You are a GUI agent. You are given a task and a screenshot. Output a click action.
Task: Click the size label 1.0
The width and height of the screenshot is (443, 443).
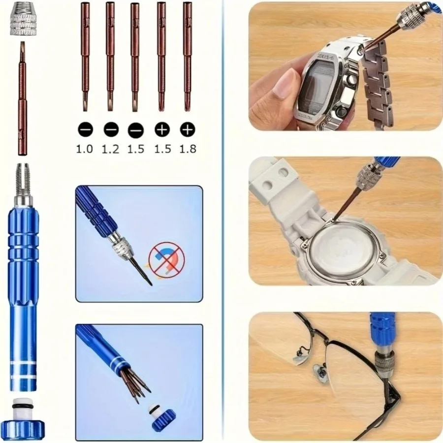tap(84, 148)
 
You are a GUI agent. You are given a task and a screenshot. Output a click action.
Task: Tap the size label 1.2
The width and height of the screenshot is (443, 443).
tap(111, 148)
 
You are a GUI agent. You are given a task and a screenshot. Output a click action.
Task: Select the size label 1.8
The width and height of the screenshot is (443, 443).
tap(188, 148)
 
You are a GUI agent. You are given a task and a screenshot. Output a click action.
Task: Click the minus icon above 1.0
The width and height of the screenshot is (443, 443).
tap(85, 129)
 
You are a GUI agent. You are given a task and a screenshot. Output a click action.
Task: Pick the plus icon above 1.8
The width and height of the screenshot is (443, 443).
tap(188, 129)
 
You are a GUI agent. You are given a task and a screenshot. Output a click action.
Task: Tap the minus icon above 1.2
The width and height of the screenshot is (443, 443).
tap(111, 129)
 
